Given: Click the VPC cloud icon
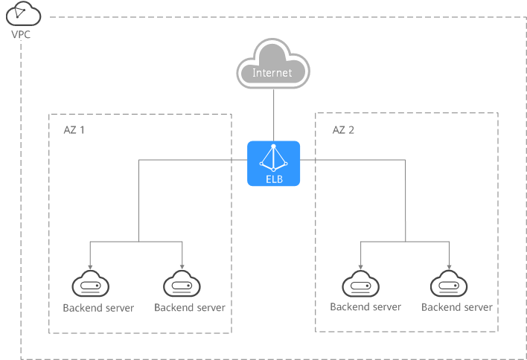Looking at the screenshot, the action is [x=23, y=13].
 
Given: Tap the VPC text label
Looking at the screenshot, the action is [x=21, y=34].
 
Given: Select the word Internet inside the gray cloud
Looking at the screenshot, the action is [x=272, y=73].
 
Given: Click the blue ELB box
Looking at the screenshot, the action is [x=274, y=163].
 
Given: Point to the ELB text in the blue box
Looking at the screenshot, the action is [x=274, y=179].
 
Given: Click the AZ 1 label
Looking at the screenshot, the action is [x=74, y=130].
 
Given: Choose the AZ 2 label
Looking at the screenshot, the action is [x=343, y=130].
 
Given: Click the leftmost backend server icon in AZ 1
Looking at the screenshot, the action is [x=90, y=284].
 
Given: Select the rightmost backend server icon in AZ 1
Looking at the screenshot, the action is [x=182, y=284].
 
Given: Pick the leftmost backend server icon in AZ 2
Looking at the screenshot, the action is [x=360, y=284].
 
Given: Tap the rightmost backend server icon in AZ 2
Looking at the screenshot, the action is [x=449, y=284].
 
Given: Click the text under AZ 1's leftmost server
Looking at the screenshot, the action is [x=98, y=308].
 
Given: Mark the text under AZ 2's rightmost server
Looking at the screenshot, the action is [x=457, y=307].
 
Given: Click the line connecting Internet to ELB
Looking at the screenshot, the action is [x=274, y=115].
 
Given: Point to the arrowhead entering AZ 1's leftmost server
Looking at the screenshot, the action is [x=90, y=267].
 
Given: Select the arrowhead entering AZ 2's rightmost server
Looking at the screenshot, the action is [x=449, y=267].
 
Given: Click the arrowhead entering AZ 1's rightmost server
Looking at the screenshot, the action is [x=182, y=267].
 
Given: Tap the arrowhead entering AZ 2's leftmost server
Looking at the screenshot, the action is [x=360, y=267].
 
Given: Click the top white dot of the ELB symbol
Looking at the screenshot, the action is [x=274, y=147].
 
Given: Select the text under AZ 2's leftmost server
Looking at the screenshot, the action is [x=365, y=307].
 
